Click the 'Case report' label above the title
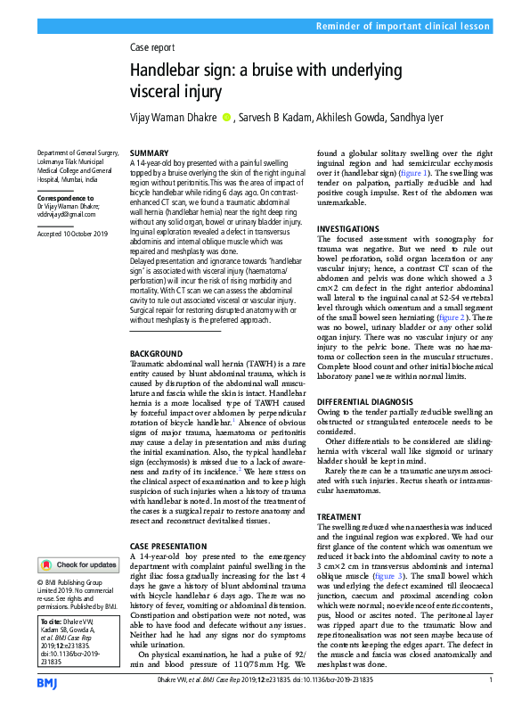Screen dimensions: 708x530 pos(151,47)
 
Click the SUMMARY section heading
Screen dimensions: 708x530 pos(149,154)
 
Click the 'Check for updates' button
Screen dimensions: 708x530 pos(77,564)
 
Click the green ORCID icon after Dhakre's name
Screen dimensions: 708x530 pos(226,117)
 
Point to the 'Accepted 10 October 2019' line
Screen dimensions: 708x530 pos(72,233)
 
